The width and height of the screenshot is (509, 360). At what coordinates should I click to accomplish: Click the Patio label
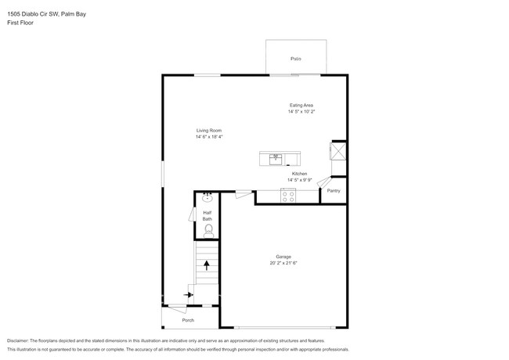pos(296,59)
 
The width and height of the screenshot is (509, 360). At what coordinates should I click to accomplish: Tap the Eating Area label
pos(301,105)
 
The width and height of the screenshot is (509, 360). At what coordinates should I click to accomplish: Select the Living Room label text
pos(209,130)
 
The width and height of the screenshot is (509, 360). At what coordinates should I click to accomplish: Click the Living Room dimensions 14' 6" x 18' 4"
pos(209,137)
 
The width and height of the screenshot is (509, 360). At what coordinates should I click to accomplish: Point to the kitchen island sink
pos(276,158)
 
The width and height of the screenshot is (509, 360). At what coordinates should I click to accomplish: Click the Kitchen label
pos(300,174)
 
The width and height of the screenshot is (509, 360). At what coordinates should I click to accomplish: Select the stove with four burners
pos(287,196)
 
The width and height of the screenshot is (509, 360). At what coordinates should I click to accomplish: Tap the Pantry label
pos(334,191)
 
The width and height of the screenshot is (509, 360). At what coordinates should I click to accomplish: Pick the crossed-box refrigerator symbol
pos(338,152)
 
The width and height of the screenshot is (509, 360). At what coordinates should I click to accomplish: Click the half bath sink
pos(208,198)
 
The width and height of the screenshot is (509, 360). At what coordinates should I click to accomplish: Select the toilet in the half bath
pos(208,229)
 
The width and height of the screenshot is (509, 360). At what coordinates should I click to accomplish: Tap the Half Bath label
pos(208,216)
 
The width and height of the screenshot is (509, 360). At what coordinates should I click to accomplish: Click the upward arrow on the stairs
pos(207,265)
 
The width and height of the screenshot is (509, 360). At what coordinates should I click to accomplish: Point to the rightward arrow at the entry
pos(189,295)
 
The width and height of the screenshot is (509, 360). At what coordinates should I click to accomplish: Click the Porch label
pos(188,320)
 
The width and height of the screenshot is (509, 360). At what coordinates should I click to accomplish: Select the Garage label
pos(283,256)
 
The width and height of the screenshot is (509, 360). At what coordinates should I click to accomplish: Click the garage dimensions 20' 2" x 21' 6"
pos(283,263)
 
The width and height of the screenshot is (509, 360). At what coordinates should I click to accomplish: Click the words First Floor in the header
pos(20,23)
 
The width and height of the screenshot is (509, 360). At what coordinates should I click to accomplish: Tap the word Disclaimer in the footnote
pos(20,341)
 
